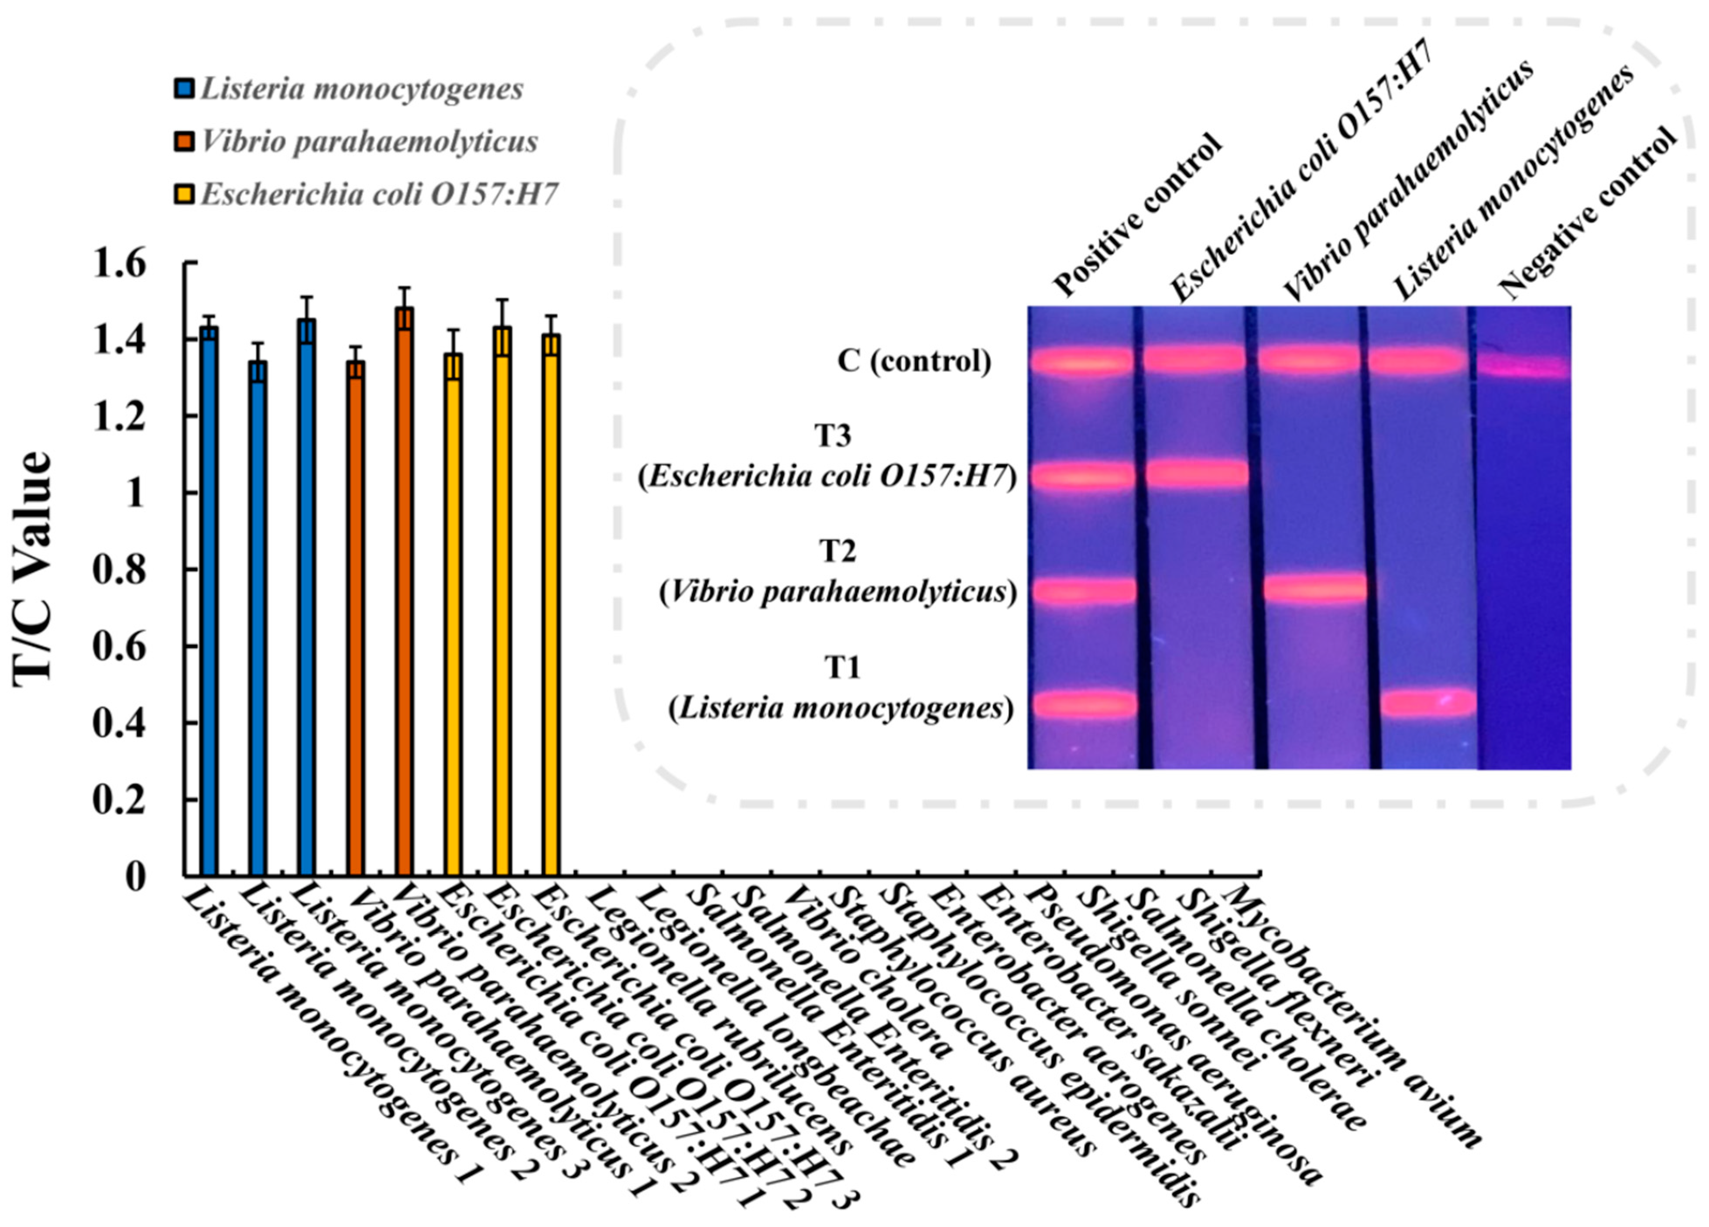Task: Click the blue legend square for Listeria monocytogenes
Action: click(184, 89)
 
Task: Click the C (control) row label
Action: click(913, 362)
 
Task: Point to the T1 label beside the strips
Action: click(842, 667)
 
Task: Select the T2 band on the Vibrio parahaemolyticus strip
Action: click(1314, 588)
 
